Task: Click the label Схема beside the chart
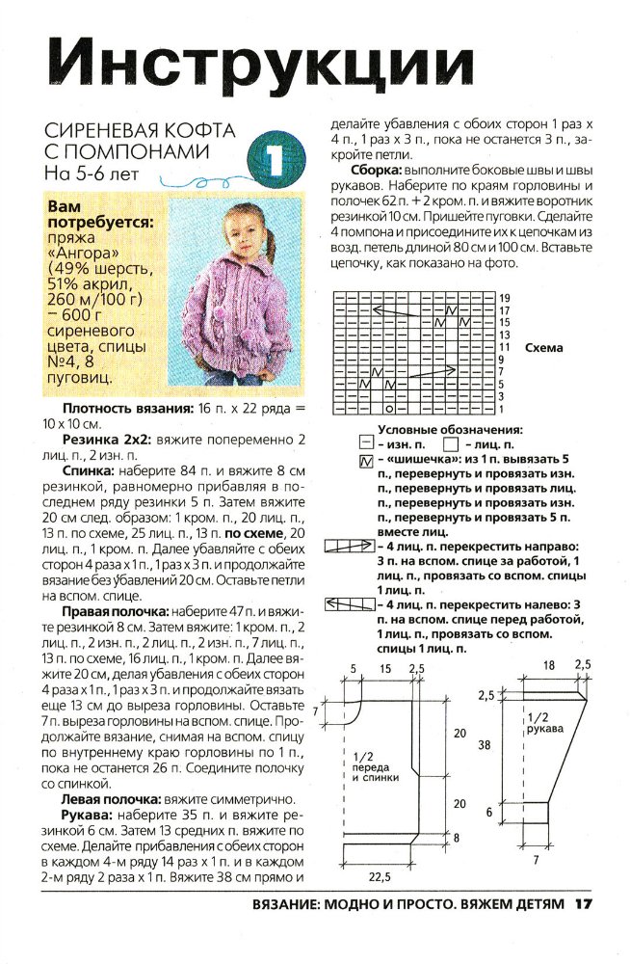click(x=544, y=348)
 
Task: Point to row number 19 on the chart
click(x=503, y=298)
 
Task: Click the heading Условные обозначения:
click(x=450, y=429)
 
